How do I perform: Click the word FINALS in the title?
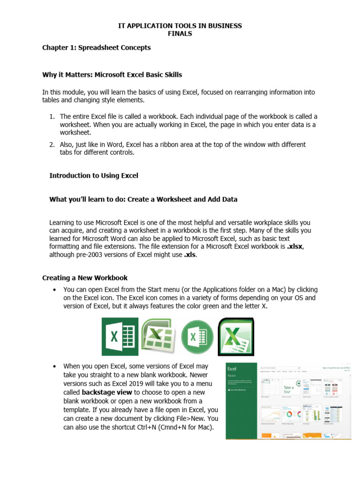click(180, 33)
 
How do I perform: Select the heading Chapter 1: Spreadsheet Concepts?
click(97, 47)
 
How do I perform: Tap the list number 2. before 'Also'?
click(52, 145)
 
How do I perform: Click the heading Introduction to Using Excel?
click(94, 175)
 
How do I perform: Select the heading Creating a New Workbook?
click(85, 277)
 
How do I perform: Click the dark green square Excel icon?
click(120, 337)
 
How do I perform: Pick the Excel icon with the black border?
click(236, 337)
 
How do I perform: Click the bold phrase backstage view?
click(107, 392)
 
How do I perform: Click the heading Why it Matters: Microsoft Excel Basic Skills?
click(112, 75)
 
